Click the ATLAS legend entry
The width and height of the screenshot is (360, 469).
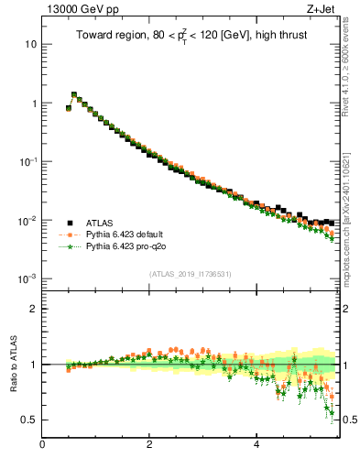click(x=101, y=223)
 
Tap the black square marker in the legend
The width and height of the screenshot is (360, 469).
click(x=70, y=223)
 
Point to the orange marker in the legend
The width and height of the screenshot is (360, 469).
click(x=70, y=234)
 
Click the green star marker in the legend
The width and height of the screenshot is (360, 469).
click(x=70, y=246)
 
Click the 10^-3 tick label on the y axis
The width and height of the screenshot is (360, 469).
click(x=28, y=278)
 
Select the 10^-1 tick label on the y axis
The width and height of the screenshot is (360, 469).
click(x=28, y=162)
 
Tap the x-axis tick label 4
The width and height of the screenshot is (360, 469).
click(x=256, y=445)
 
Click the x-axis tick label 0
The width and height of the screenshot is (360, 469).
click(x=42, y=445)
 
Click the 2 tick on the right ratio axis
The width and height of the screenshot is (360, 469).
click(x=344, y=309)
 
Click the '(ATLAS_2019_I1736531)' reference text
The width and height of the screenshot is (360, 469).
click(x=190, y=274)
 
